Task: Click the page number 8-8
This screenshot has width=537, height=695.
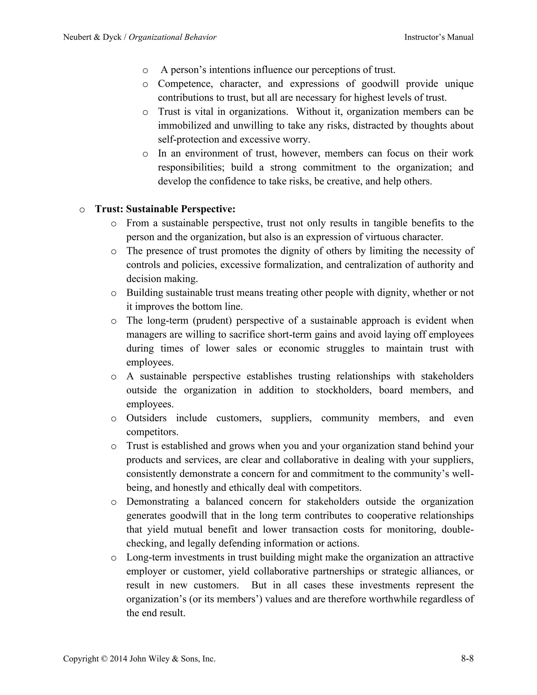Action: [x=467, y=658]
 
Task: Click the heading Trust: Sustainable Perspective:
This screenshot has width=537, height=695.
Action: [x=165, y=209]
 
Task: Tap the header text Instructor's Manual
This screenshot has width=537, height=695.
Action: [x=439, y=37]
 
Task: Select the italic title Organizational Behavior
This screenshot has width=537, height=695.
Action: [x=173, y=37]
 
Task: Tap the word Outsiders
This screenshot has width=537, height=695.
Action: [x=146, y=418]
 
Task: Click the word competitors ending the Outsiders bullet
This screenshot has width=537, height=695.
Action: [x=152, y=432]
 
